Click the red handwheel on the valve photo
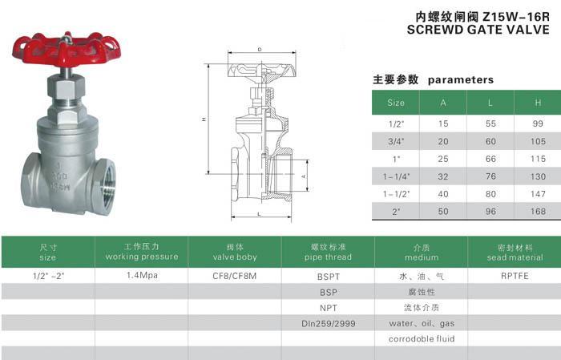point(67,50)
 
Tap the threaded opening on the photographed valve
point(107,187)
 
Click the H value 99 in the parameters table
point(538,123)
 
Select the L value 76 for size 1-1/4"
point(490,176)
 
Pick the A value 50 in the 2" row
point(443,212)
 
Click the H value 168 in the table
point(538,212)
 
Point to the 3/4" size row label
point(396,141)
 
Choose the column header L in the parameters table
point(490,103)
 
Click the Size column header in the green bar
point(396,103)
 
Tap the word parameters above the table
point(461,80)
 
